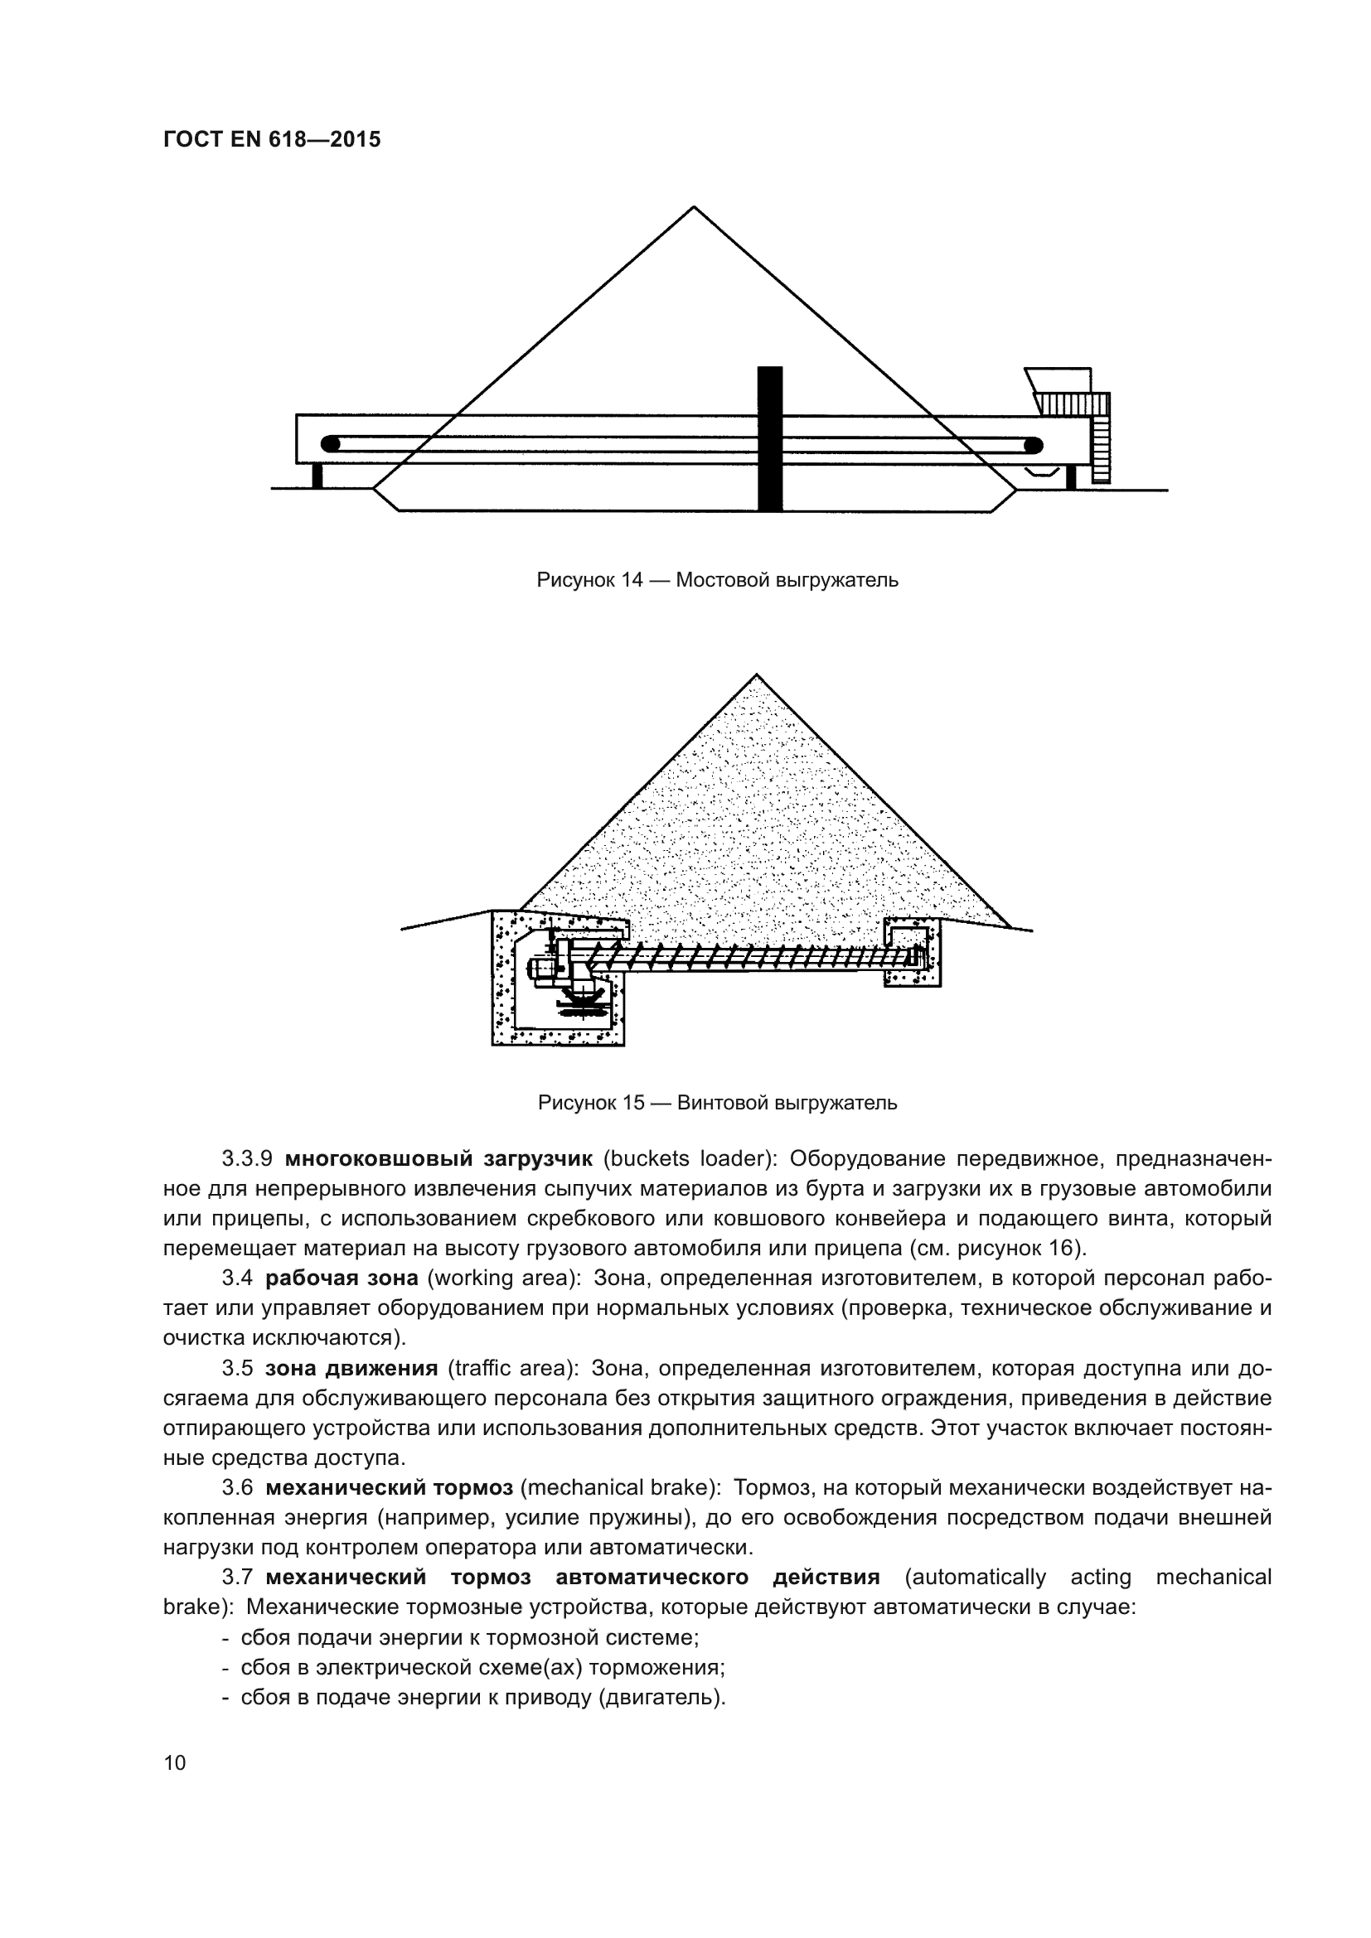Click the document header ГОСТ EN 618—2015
pyautogui.click(x=272, y=139)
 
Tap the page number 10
pyautogui.click(x=175, y=1763)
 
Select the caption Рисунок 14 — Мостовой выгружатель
pyautogui.click(x=718, y=581)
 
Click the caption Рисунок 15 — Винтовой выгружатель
pyautogui.click(x=718, y=1103)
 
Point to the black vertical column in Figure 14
pyautogui.click(x=770, y=439)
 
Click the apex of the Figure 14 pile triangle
pyautogui.click(x=694, y=208)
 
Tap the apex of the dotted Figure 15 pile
pyautogui.click(x=757, y=675)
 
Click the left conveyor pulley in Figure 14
pyautogui.click(x=331, y=444)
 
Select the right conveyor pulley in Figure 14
pyautogui.click(x=1033, y=445)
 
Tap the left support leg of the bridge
pyautogui.click(x=317, y=476)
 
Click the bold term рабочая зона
pyautogui.click(x=342, y=1278)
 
